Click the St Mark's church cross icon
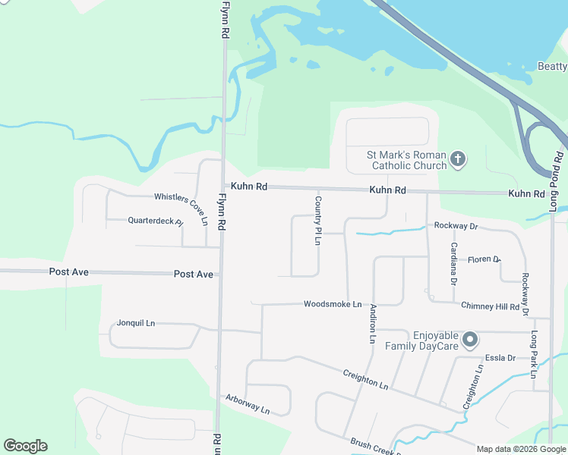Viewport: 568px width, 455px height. pos(458,159)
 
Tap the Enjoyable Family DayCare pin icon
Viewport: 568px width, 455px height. pos(470,339)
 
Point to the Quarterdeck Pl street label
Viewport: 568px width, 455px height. pos(156,221)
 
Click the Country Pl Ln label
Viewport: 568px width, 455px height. pos(319,220)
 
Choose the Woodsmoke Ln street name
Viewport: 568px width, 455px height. pos(332,304)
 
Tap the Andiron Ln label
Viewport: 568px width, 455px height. pos(372,324)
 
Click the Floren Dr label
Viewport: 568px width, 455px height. pos(484,259)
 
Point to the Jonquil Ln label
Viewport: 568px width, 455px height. pos(136,323)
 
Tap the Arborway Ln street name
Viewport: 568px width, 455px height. pos(248,403)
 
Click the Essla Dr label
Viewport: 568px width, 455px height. pos(500,358)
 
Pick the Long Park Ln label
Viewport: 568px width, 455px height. pos(534,354)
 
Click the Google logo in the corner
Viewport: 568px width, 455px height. pos(25,446)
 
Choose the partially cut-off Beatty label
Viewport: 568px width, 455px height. pos(552,67)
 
